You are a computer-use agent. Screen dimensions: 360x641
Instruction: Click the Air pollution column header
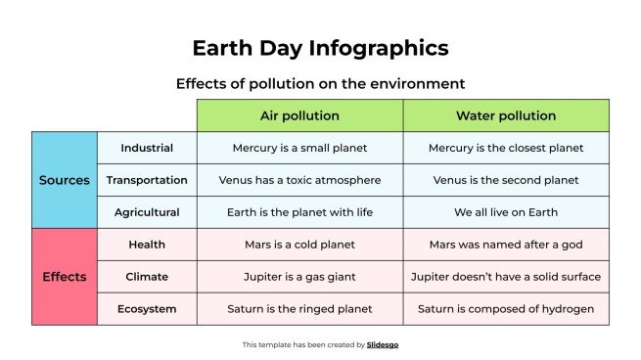pos(299,115)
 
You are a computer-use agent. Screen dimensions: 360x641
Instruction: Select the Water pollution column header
pos(506,115)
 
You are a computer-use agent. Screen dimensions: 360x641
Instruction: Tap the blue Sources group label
pos(65,180)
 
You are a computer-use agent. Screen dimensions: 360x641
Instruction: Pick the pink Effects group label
pos(65,277)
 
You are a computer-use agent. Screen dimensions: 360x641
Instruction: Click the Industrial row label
pos(147,148)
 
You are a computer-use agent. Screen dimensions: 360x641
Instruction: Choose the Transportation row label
pos(147,180)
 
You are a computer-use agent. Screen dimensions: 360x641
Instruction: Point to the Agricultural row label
pos(147,212)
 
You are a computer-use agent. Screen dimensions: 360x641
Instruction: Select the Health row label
pos(147,245)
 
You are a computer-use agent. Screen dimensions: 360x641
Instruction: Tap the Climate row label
pos(147,277)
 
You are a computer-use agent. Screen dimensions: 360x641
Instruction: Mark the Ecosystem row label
pos(147,309)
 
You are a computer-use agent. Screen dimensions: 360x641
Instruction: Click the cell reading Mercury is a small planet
pos(299,148)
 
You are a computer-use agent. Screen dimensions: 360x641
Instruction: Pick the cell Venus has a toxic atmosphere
pos(299,180)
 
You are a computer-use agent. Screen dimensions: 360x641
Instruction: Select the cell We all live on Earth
pos(506,212)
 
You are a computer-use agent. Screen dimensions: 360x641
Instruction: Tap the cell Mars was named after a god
pos(506,245)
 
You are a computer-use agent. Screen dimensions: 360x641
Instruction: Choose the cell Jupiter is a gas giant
pos(299,277)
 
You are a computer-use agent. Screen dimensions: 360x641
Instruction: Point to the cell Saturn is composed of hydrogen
pos(506,309)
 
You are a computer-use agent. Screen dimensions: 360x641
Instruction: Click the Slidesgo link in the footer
pos(383,344)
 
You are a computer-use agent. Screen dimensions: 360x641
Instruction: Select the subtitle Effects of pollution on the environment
pos(320,83)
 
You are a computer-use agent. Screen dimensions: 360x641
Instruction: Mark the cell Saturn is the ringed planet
pos(299,309)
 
